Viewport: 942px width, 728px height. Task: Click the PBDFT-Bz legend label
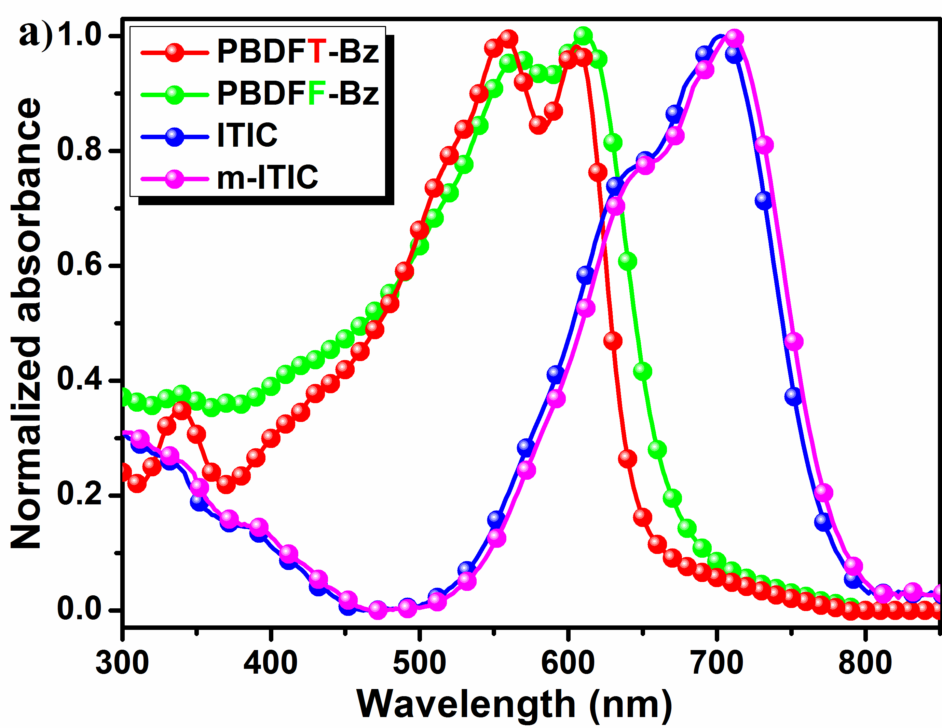[x=298, y=51]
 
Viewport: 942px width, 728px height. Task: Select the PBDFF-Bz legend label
[x=298, y=93]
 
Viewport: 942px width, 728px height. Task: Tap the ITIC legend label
[x=247, y=135]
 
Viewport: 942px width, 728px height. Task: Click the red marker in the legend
[x=174, y=51]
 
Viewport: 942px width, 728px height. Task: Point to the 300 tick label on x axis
[x=122, y=663]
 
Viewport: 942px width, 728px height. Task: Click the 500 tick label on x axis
[x=419, y=663]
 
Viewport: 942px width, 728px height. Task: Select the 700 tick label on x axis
[x=717, y=663]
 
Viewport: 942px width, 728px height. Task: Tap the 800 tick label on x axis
[x=865, y=663]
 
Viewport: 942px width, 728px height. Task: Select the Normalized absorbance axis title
[x=26, y=324]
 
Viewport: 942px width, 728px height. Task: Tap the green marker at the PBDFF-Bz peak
[x=583, y=36]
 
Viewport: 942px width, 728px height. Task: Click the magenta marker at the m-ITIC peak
[x=734, y=38]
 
